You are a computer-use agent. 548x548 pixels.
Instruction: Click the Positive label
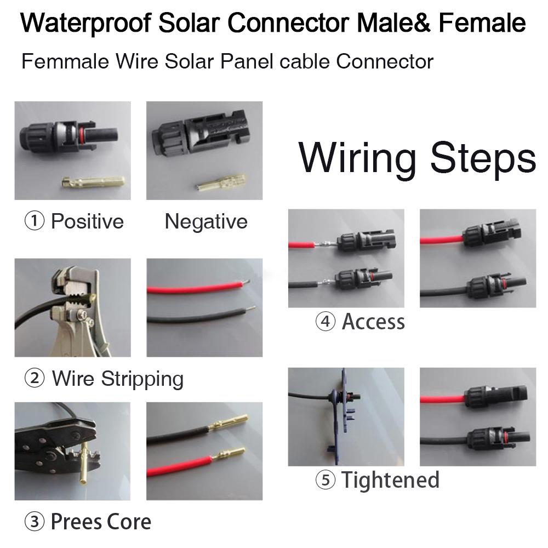pyautogui.click(x=87, y=221)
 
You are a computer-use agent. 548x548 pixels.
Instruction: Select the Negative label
pyautogui.click(x=206, y=221)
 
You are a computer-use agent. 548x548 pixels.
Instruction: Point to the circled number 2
pyautogui.click(x=35, y=379)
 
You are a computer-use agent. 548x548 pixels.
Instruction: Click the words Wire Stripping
pyautogui.click(x=118, y=379)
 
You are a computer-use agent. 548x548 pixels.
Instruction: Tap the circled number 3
pyautogui.click(x=35, y=522)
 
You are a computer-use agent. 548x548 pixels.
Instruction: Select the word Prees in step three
pyautogui.click(x=73, y=522)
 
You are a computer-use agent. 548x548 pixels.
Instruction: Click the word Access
pyautogui.click(x=373, y=322)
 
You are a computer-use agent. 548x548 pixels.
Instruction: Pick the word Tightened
pyautogui.click(x=390, y=480)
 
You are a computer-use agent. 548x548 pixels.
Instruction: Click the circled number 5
pyautogui.click(x=325, y=481)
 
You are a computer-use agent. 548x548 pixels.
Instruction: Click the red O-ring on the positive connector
pyautogui.click(x=82, y=135)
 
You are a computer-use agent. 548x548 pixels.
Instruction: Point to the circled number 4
pyautogui.click(x=325, y=322)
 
